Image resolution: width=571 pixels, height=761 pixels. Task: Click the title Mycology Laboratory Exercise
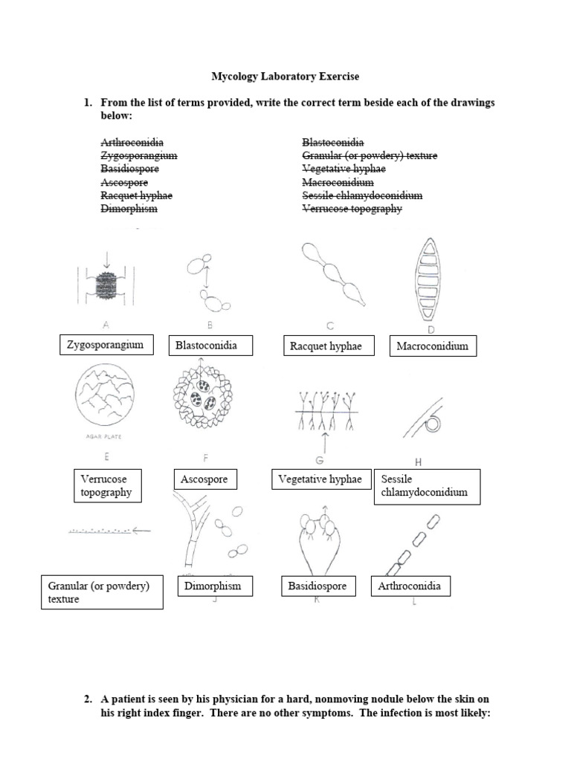[x=285, y=76]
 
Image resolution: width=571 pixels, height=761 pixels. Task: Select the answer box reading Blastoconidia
[x=211, y=346]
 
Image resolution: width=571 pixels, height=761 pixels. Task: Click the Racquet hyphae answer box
[x=329, y=346]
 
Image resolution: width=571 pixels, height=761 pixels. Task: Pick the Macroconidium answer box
[x=433, y=346]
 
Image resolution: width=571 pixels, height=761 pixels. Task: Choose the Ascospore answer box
[x=204, y=480]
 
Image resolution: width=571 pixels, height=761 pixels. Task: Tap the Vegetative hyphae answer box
[x=320, y=480]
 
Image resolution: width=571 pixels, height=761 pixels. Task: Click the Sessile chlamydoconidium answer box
[x=428, y=486]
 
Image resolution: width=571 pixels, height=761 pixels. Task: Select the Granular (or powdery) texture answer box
[x=102, y=592]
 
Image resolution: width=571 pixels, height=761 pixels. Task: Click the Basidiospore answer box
[x=317, y=586]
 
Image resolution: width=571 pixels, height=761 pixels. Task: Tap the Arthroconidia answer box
[x=410, y=586]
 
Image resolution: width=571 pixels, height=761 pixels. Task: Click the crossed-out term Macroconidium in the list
[x=338, y=182]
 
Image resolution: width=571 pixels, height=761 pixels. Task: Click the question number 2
[x=88, y=699]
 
